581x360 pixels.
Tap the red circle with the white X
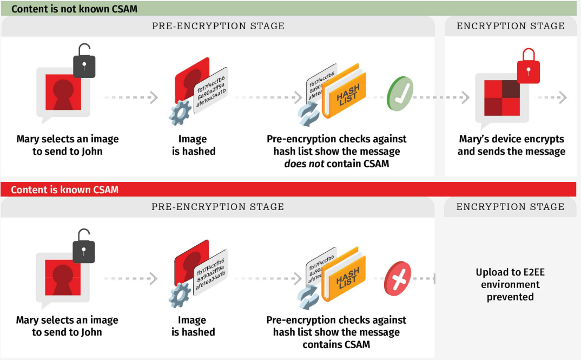[398, 279]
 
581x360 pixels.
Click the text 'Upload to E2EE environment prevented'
[510, 284]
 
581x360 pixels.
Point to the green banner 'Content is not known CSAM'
[75, 9]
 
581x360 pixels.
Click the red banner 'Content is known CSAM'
[65, 189]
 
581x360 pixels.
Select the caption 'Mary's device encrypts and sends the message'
[511, 145]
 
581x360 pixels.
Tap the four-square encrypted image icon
[501, 97]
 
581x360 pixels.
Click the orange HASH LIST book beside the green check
[345, 94]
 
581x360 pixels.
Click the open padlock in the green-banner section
[84, 61]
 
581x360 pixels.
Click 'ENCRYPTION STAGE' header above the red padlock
[510, 26]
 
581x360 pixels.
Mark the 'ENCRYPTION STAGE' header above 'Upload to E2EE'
[510, 207]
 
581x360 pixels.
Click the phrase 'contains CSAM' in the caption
[336, 344]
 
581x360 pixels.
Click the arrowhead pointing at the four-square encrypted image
[466, 97]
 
